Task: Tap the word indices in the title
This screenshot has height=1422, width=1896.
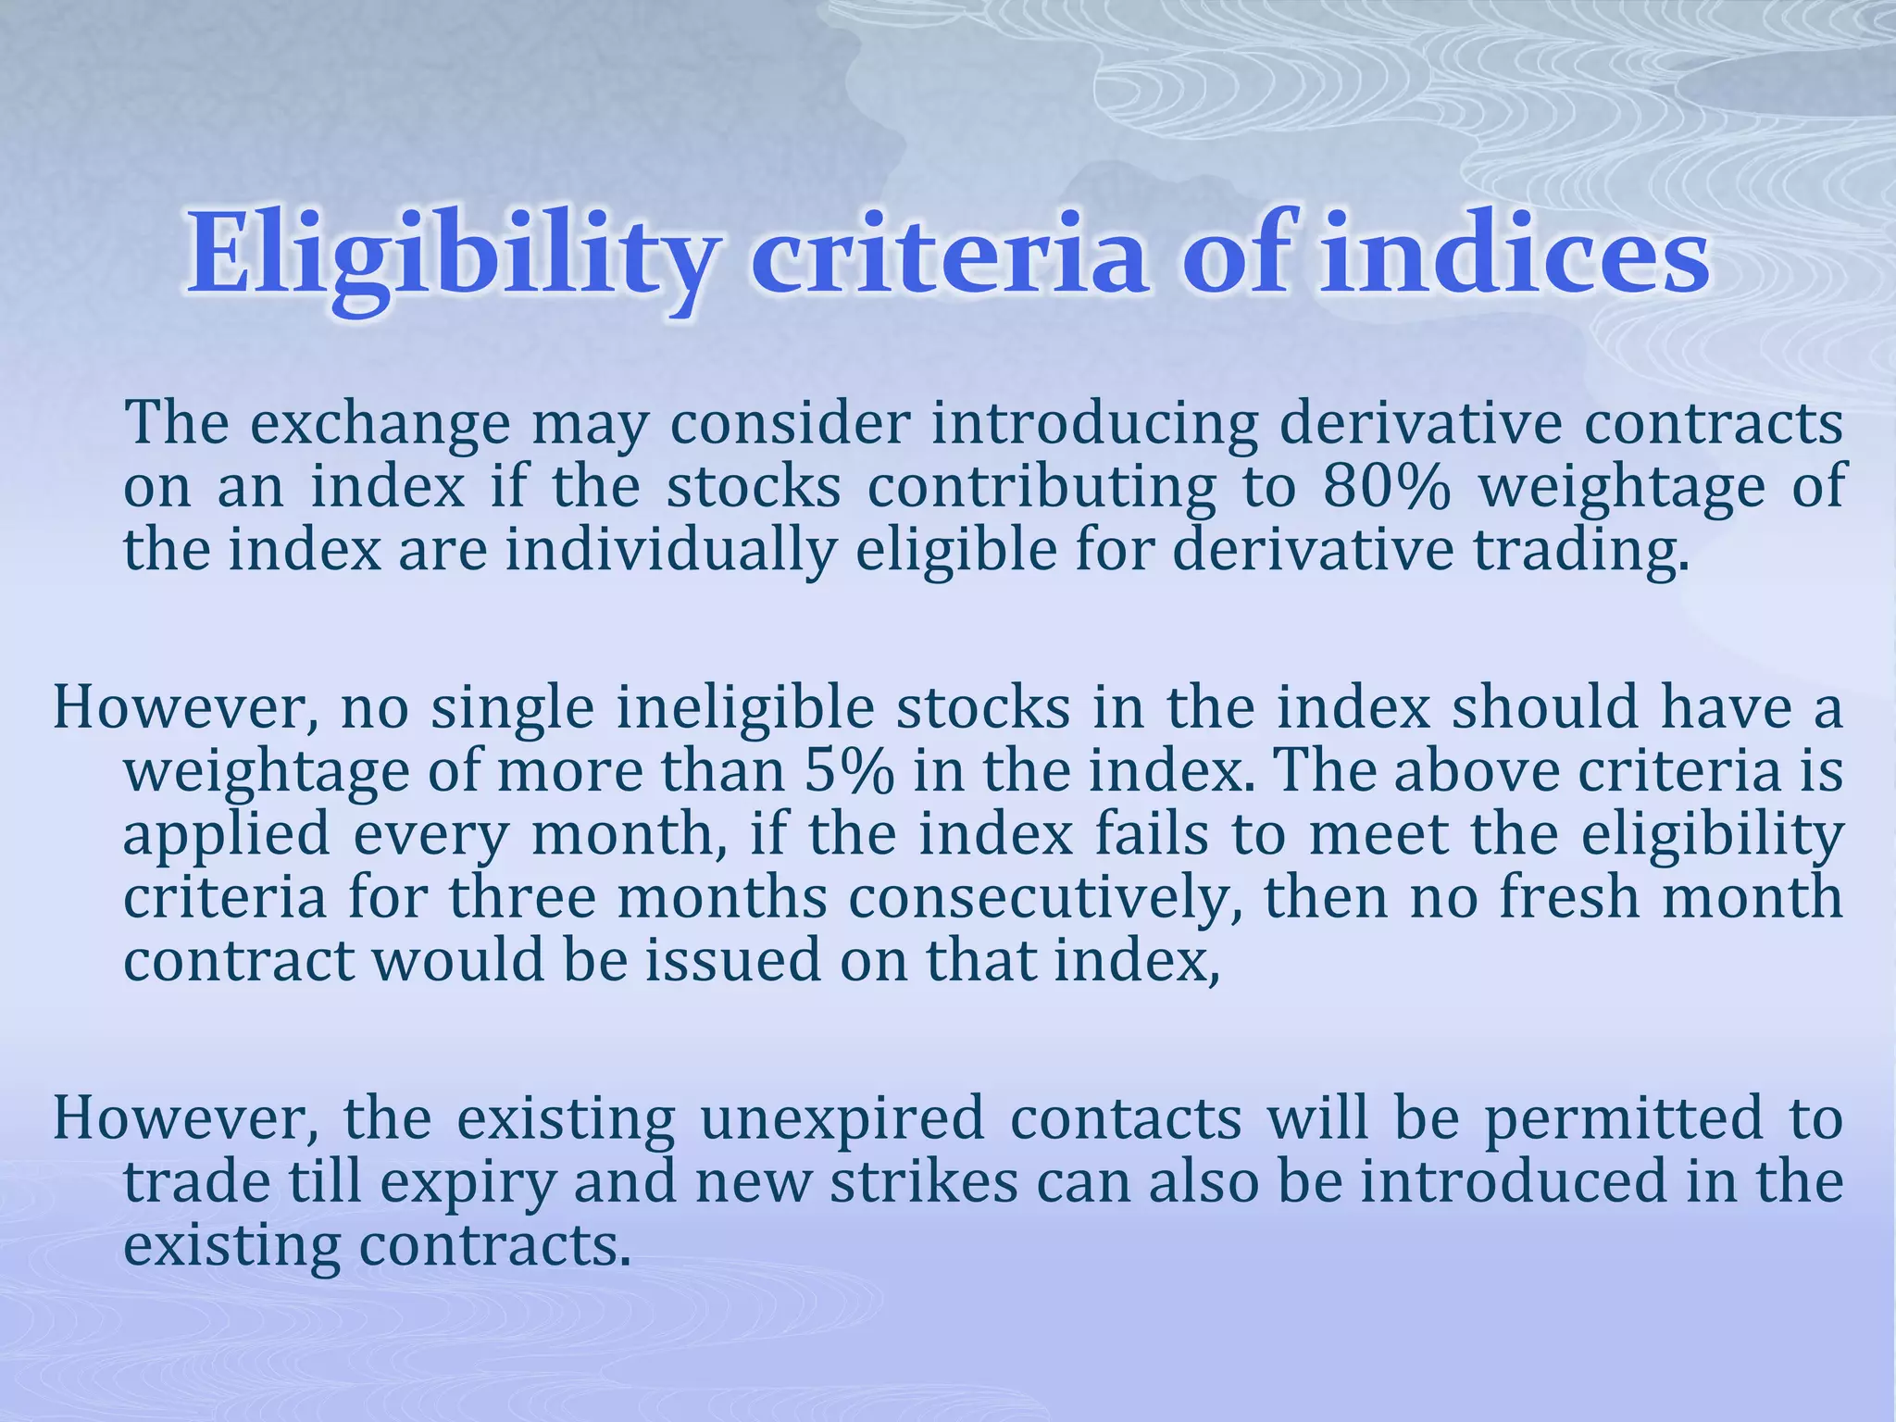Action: tap(1513, 252)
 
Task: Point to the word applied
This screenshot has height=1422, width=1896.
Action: tap(227, 835)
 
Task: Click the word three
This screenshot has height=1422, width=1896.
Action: tap(523, 897)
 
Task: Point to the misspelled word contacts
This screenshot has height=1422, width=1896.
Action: tap(1126, 1117)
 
